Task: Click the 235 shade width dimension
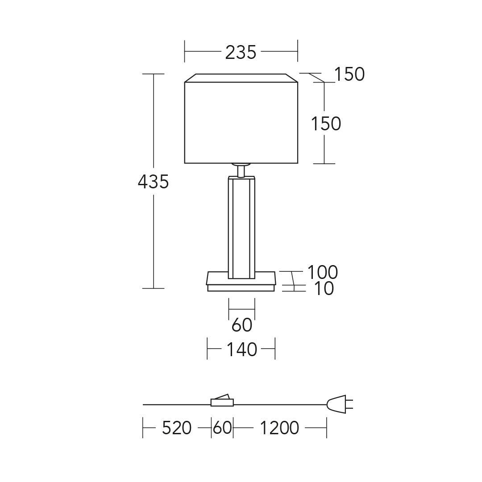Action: (241, 52)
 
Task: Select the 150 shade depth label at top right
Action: (349, 74)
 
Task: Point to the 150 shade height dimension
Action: (326, 124)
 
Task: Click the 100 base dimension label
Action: (323, 272)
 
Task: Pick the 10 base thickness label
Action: (324, 288)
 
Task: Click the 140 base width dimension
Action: (241, 349)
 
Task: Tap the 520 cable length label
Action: (176, 428)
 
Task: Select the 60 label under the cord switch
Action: (222, 428)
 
